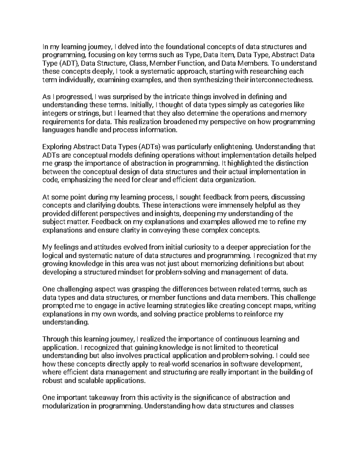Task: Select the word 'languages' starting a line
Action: click(57, 130)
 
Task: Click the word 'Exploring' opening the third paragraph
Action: click(57, 147)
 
